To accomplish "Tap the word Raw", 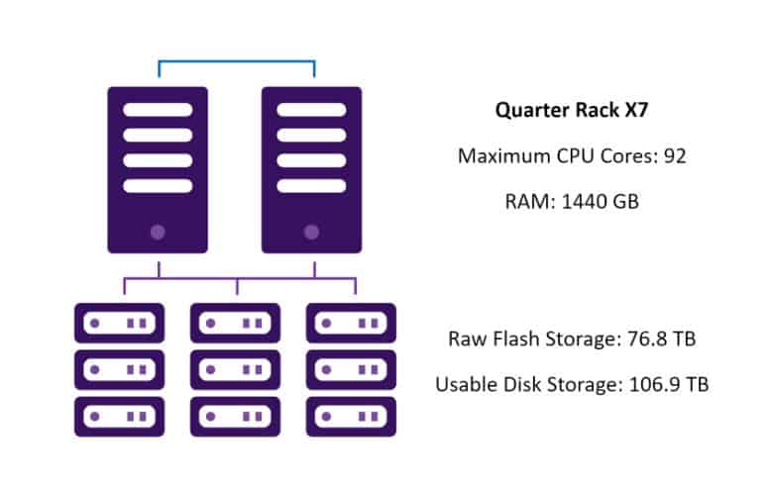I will [x=463, y=339].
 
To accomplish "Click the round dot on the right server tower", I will [x=311, y=233].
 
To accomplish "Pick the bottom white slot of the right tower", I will [x=311, y=186].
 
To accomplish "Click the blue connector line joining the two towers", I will [x=236, y=61].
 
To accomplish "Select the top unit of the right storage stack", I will [x=351, y=323].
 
